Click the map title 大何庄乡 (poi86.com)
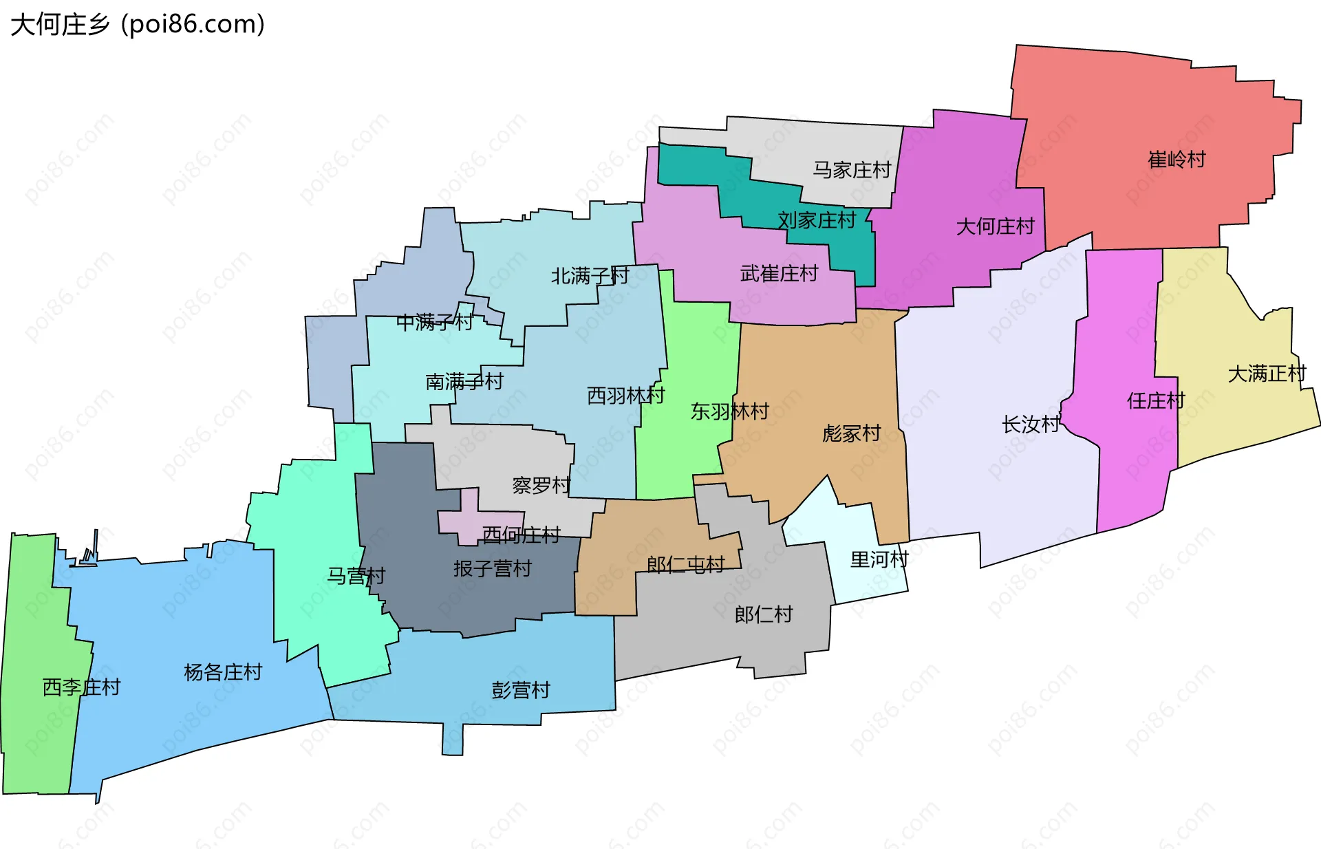138,25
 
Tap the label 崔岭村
1177,160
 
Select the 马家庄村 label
852,170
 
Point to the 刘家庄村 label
817,220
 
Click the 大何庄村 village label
995,226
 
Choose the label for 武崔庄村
779,274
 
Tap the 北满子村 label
590,276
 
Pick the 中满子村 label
435,321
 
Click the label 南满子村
464,381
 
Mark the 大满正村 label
1267,374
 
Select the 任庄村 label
1156,400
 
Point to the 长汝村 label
1031,424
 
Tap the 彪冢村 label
852,433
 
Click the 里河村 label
879,559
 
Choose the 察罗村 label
541,486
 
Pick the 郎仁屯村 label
685,565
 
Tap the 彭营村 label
521,690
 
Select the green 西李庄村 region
38,722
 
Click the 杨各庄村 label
223,672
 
